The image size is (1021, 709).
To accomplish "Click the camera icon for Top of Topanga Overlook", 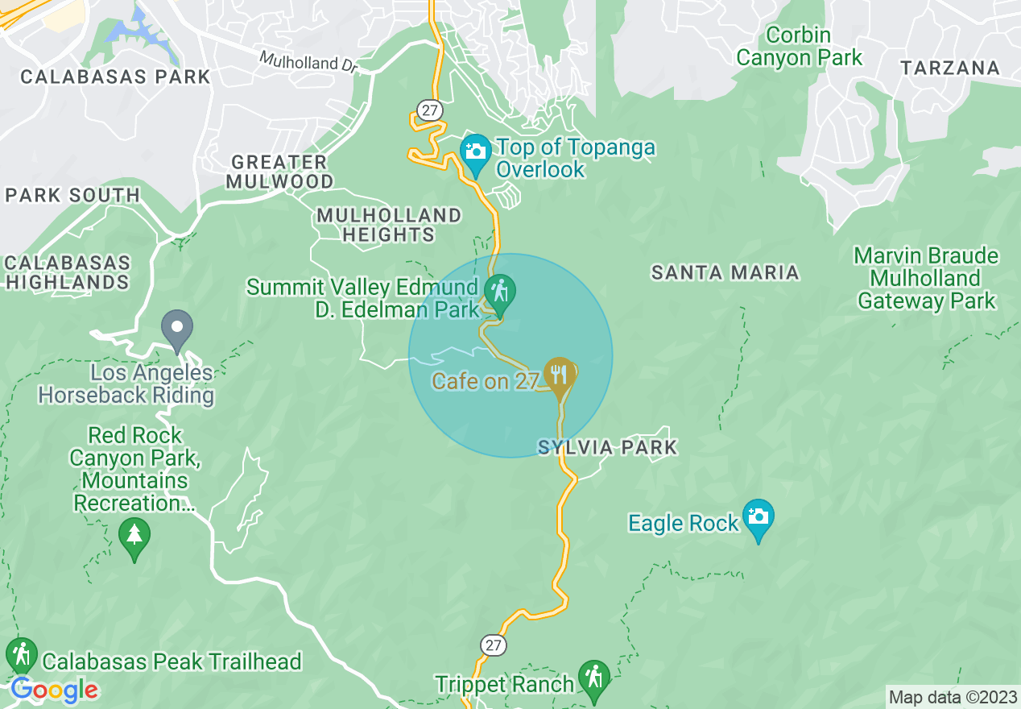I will pyautogui.click(x=476, y=151).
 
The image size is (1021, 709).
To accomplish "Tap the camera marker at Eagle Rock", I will pyautogui.click(x=758, y=516).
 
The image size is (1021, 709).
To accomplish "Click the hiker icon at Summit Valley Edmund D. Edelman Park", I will pyautogui.click(x=500, y=291).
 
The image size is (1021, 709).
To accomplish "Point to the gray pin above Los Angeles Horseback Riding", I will pyautogui.click(x=177, y=329).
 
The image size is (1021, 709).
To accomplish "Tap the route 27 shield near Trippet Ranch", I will pyautogui.click(x=494, y=645).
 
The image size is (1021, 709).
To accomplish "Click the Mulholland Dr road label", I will pyautogui.click(x=308, y=62).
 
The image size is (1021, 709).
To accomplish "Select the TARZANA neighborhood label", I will pyautogui.click(x=950, y=68).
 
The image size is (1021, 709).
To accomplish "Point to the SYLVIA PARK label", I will pyautogui.click(x=607, y=447).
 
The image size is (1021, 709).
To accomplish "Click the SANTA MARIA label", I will pyautogui.click(x=725, y=273).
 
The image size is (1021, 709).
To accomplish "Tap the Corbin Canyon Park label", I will pyautogui.click(x=799, y=47).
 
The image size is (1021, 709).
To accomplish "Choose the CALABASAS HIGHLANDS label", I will pyautogui.click(x=67, y=272).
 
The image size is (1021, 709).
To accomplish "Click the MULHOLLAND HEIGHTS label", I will pyautogui.click(x=389, y=225).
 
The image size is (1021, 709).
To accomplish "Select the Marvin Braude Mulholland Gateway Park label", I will pyautogui.click(x=926, y=279).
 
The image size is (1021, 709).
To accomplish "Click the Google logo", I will pyautogui.click(x=54, y=690).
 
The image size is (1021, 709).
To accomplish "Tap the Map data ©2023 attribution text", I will pyautogui.click(x=953, y=696).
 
